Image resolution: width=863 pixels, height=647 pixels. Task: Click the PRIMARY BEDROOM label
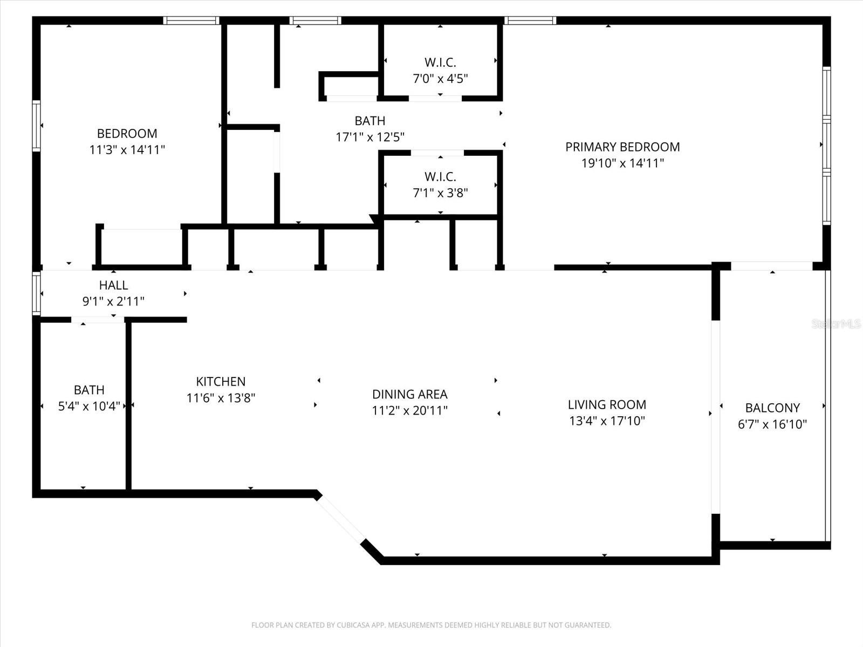click(622, 147)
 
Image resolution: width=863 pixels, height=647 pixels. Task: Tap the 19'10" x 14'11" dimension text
click(622, 163)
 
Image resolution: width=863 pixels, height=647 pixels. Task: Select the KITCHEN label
click(221, 382)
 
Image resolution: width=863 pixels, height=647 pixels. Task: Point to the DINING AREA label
click(409, 394)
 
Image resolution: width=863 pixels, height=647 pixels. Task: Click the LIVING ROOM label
click(607, 404)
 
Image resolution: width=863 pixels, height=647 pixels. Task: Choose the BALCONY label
click(772, 408)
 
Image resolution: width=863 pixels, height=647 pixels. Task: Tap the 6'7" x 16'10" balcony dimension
click(772, 424)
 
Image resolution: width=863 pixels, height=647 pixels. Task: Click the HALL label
click(113, 285)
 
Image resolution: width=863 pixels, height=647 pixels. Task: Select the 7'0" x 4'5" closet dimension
click(440, 79)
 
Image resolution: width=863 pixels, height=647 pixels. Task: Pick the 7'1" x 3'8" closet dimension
click(440, 193)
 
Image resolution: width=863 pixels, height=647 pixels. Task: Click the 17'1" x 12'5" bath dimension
click(370, 137)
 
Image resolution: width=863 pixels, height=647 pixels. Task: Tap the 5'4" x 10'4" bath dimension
click(89, 406)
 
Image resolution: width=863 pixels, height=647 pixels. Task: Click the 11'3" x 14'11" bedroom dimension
click(127, 149)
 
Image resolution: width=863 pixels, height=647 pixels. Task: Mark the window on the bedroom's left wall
click(36, 125)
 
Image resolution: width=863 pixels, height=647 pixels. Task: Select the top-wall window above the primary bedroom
click(530, 21)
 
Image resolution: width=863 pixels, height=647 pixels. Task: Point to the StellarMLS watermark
click(836, 323)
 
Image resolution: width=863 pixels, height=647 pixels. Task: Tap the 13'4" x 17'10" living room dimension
click(607, 421)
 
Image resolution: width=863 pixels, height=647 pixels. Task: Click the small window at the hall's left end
click(36, 293)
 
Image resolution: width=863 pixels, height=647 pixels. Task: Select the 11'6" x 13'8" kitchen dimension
click(221, 398)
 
